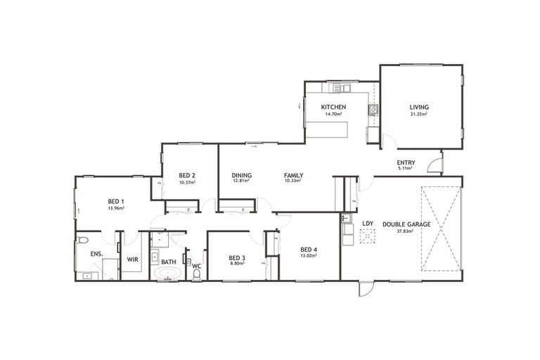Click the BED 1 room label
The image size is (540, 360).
116,202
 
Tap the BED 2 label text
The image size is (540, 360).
186,175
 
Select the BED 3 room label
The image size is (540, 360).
237,258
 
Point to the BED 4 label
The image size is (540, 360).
308,249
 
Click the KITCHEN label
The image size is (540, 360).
333,107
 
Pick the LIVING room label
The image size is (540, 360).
419,108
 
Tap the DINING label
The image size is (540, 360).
242,175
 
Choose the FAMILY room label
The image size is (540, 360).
293,175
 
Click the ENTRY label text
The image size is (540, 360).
406,162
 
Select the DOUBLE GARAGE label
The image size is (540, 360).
407,224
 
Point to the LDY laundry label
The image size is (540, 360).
368,224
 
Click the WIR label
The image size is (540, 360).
132,259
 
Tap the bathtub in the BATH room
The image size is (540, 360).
168,274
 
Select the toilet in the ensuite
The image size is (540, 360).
82,240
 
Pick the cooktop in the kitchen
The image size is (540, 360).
373,109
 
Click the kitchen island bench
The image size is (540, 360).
327,129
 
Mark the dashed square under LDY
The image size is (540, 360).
367,237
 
